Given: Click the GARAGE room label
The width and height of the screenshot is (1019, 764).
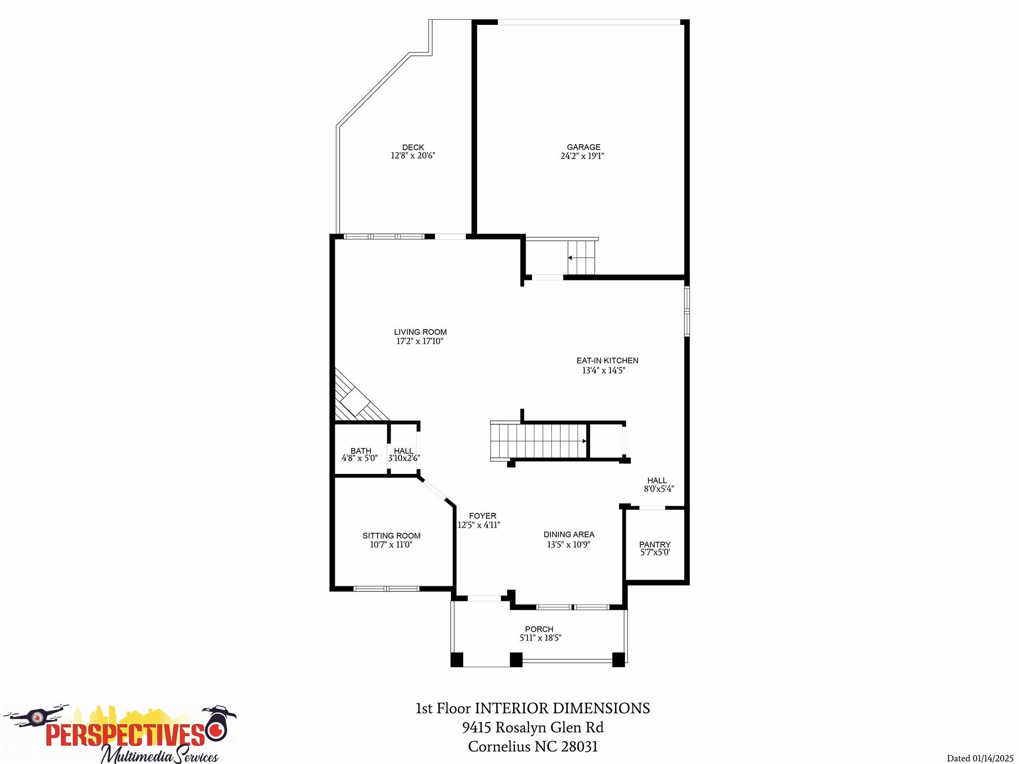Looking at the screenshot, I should point(583,147).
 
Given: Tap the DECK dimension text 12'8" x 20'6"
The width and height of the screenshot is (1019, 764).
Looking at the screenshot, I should point(412,156).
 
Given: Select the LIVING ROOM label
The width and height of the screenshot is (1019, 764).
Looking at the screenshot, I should point(420,332).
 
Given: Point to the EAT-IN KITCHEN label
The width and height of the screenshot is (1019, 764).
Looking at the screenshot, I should point(607,361).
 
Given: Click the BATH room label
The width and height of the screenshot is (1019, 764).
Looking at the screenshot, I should point(360,451).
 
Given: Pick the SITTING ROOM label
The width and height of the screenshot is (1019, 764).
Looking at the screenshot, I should point(391,536).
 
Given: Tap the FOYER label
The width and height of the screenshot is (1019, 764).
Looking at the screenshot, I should point(482,516).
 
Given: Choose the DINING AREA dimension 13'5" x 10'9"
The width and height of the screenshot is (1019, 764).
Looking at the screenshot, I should point(568,545).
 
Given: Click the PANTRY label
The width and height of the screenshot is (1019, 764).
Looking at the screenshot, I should point(654,545).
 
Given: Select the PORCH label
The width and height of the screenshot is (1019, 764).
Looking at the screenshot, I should point(539,629).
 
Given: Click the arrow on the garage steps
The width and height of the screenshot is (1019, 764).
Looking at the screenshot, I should point(570,258).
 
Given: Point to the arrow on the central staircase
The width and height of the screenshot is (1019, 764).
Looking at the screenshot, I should point(584,441).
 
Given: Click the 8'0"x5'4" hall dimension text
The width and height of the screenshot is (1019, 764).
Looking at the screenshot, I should point(659,489).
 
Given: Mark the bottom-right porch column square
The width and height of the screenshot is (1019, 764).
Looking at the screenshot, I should point(618,660).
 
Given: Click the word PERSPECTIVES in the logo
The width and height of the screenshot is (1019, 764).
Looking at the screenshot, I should point(124,735).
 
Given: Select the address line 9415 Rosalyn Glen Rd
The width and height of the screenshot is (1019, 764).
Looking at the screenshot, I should point(532,728).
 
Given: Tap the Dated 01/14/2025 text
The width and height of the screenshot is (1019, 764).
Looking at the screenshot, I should point(980,759).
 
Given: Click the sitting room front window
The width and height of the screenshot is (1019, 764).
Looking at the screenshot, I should point(386,589).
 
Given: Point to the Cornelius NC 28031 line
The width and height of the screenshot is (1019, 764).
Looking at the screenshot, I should point(532,747).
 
